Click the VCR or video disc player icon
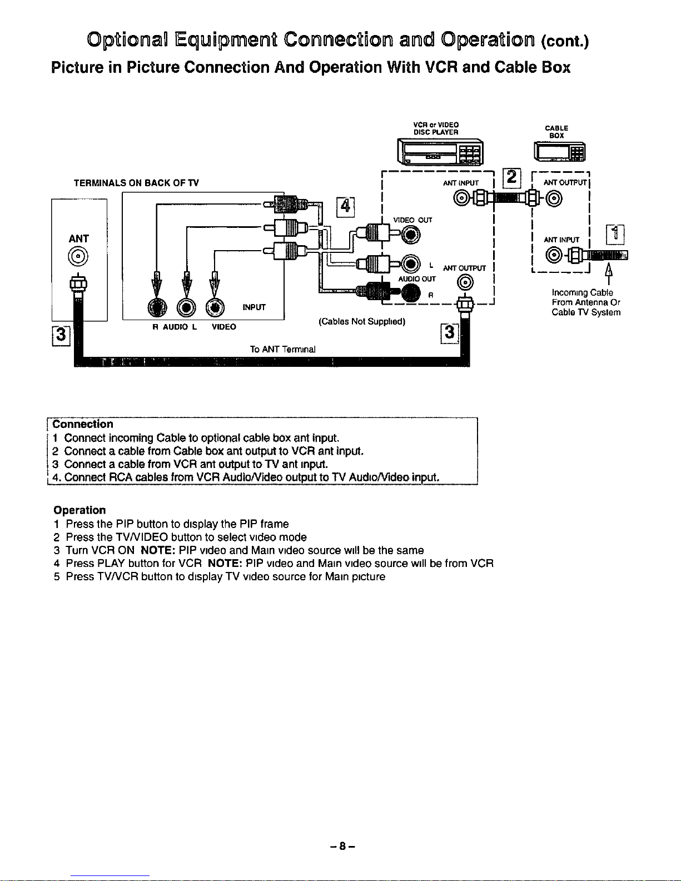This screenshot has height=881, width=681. pyautogui.click(x=440, y=152)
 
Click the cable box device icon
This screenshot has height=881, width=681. pyautogui.click(x=559, y=152)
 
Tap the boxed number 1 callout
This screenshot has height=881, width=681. pyautogui.click(x=615, y=235)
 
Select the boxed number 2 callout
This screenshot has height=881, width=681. pyautogui.click(x=511, y=178)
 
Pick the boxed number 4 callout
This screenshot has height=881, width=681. pyautogui.click(x=345, y=207)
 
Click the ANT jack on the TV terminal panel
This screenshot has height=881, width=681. pyautogui.click(x=78, y=257)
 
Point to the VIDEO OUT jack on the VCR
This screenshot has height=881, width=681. pyautogui.click(x=411, y=235)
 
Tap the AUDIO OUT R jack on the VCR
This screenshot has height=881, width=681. pyautogui.click(x=411, y=293)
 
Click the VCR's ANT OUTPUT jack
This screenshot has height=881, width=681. pyautogui.click(x=465, y=282)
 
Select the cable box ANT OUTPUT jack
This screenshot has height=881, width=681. pyautogui.click(x=554, y=198)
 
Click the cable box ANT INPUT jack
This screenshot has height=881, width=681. pyautogui.click(x=554, y=255)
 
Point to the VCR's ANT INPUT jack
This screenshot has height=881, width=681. pyautogui.click(x=462, y=198)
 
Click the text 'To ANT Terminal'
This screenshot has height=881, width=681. pyautogui.click(x=282, y=349)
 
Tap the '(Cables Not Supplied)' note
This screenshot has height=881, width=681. pyautogui.click(x=362, y=321)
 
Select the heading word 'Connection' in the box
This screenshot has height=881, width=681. pyautogui.click(x=83, y=424)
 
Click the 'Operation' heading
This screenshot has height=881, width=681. pyautogui.click(x=79, y=510)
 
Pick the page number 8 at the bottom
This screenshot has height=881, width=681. pyautogui.click(x=342, y=846)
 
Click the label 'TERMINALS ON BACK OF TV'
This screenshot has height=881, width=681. pyautogui.click(x=136, y=183)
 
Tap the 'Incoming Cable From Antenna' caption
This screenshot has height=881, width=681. pyautogui.click(x=586, y=302)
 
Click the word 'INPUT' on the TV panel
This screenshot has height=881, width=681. pyautogui.click(x=253, y=307)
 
